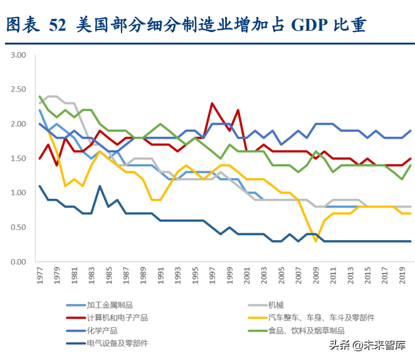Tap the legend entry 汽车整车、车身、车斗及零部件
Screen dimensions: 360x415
(x=321, y=318)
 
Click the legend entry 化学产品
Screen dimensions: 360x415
(x=103, y=331)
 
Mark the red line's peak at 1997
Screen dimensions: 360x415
(x=213, y=103)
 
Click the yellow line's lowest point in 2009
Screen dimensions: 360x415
(x=316, y=241)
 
